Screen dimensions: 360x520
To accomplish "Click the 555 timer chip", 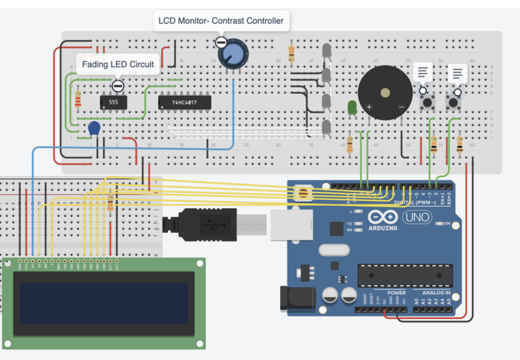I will pyautogui.click(x=113, y=102).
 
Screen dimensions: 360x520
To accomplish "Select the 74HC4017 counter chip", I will pyautogui.click(x=184, y=102).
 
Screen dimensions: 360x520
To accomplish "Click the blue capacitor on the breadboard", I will pyautogui.click(x=94, y=128).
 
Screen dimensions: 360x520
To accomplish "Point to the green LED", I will pyautogui.click(x=352, y=108).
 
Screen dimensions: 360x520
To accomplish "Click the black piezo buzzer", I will pyautogui.click(x=385, y=93).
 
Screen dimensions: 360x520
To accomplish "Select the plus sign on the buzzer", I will pyautogui.click(x=369, y=108).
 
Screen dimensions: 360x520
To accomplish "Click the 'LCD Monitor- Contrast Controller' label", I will pyautogui.click(x=221, y=20).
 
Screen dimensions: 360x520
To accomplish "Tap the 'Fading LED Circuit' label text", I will pyautogui.click(x=118, y=64).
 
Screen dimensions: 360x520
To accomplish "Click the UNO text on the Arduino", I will pyautogui.click(x=417, y=217).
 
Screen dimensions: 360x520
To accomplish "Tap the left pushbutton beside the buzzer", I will pyautogui.click(x=427, y=102).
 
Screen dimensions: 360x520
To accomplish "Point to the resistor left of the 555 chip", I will pyautogui.click(x=78, y=99).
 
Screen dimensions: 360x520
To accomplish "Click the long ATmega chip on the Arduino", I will pyautogui.click(x=405, y=275).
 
